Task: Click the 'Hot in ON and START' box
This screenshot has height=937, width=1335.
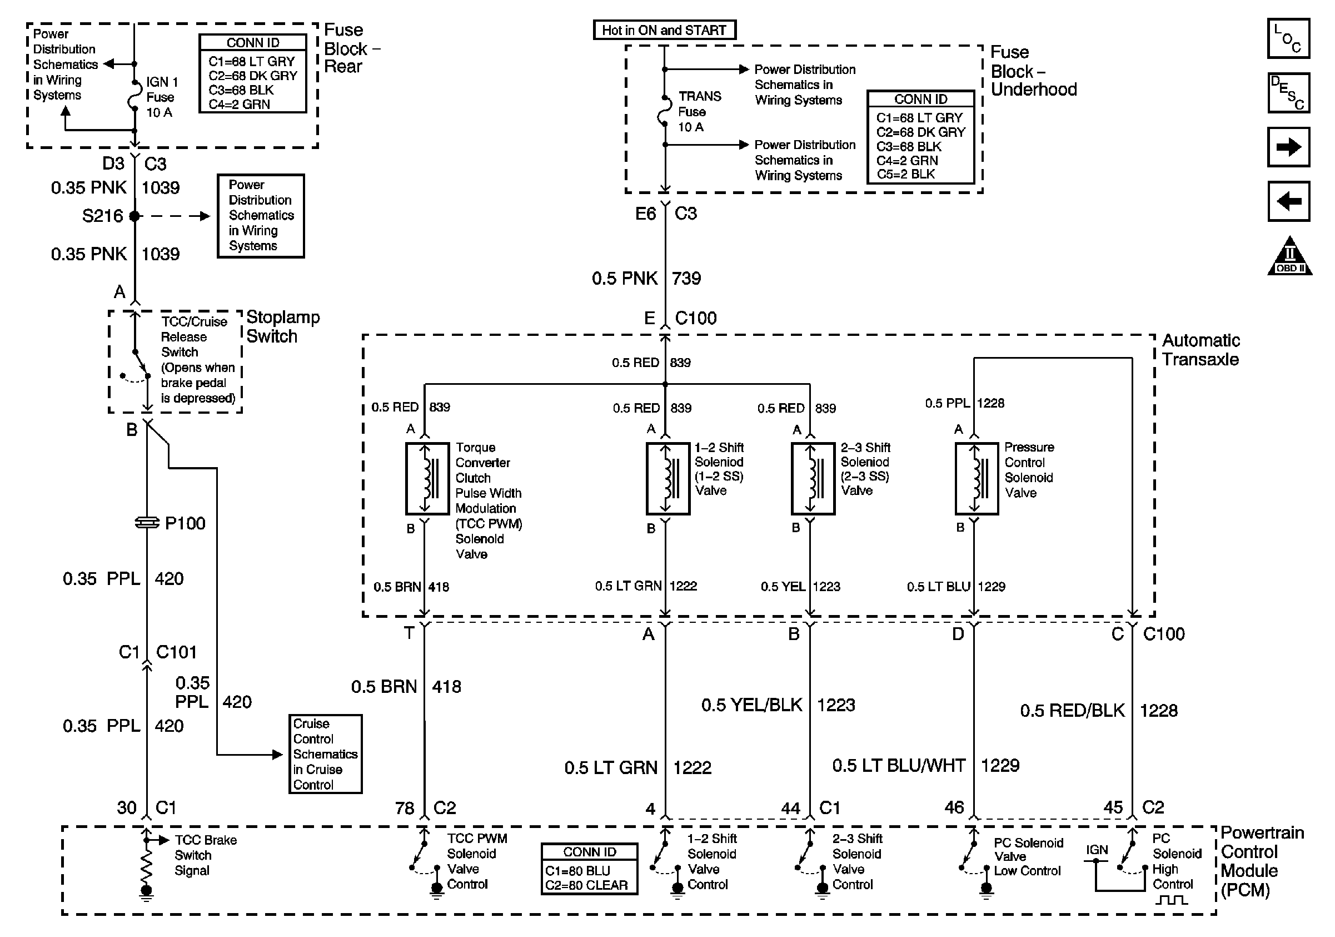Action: click(665, 29)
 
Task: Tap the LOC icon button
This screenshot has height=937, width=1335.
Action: click(1288, 38)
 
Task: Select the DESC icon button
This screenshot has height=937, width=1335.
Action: click(1288, 92)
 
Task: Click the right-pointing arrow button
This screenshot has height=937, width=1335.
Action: click(1288, 147)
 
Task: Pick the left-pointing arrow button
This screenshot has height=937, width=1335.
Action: click(1288, 201)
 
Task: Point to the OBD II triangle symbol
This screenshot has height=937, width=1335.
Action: click(1289, 255)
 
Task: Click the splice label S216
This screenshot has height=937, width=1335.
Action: click(102, 216)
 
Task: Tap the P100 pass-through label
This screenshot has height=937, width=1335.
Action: click(185, 523)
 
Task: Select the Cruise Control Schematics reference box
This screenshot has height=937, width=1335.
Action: click(326, 754)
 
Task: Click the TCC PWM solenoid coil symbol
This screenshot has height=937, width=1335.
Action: click(427, 479)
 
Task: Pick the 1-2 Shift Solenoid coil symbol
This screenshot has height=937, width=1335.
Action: click(668, 479)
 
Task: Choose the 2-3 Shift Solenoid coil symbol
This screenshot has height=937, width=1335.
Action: click(813, 479)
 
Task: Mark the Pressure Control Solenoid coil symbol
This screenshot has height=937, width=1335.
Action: click(977, 479)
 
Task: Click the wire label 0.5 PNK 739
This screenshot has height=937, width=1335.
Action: click(646, 278)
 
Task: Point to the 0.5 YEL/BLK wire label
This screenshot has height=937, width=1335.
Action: click(751, 705)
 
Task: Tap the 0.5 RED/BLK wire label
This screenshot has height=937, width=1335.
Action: click(1072, 710)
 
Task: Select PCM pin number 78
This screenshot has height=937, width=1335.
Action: click(405, 808)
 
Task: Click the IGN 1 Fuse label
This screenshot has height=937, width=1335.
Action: click(162, 97)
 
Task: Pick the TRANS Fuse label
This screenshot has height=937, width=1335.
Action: click(700, 111)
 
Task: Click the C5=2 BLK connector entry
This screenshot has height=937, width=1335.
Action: click(905, 174)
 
